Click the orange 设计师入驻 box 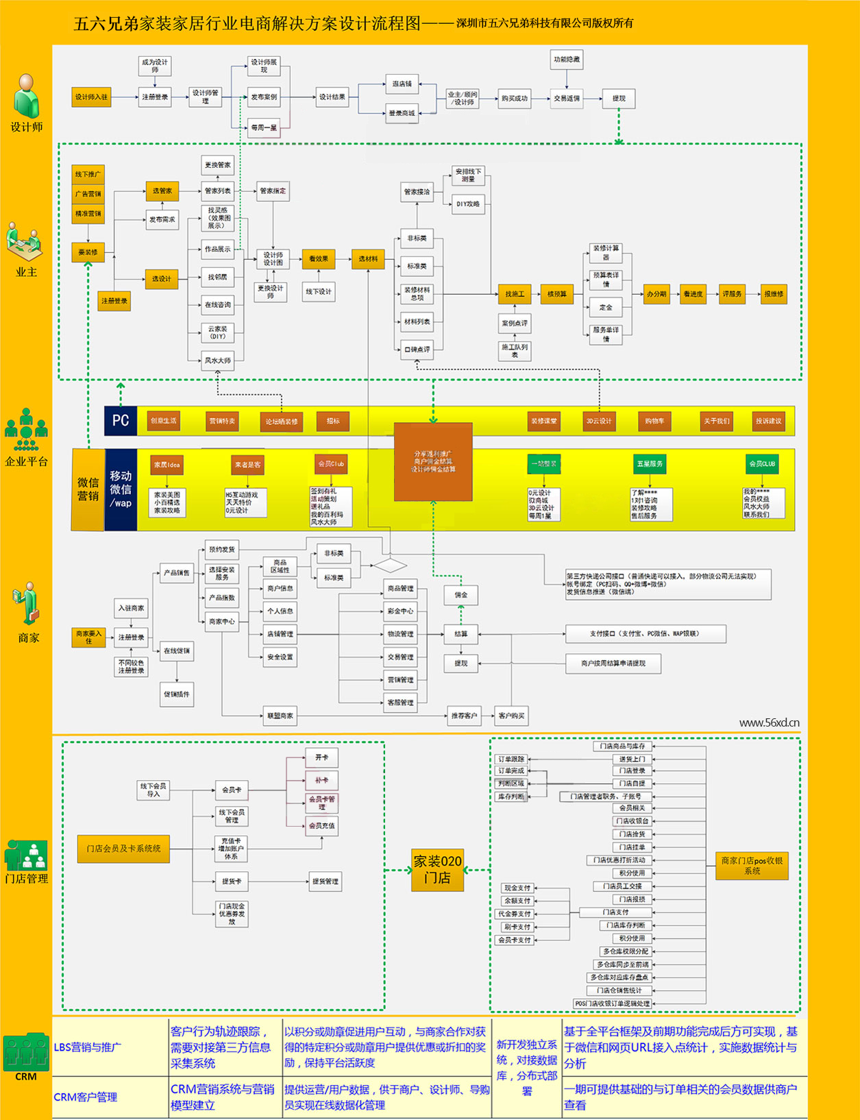click(92, 97)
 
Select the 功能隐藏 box click(566, 60)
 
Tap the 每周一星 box click(264, 127)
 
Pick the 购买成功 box click(514, 99)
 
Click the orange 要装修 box click(88, 252)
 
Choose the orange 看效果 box click(318, 259)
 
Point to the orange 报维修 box click(774, 294)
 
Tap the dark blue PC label click(121, 421)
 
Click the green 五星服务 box click(650, 464)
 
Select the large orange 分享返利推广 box click(433, 461)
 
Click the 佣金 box click(461, 595)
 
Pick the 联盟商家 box click(280, 716)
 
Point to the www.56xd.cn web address click(769, 722)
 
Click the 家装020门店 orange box click(437, 869)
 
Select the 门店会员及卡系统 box click(123, 849)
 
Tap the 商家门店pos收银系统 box click(752, 866)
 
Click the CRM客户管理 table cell click(86, 1097)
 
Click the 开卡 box click(321, 757)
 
